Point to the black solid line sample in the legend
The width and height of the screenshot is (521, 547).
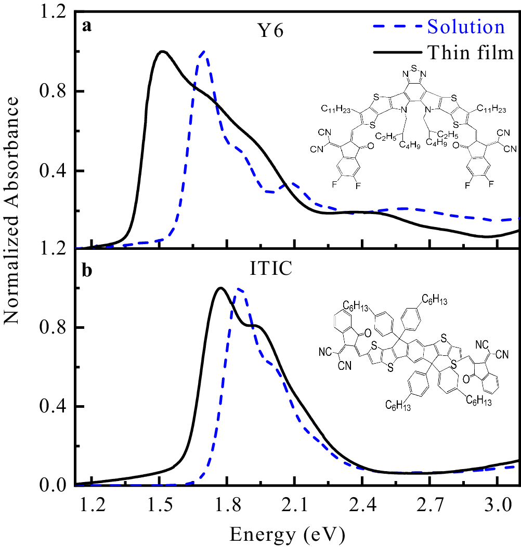pos(396,52)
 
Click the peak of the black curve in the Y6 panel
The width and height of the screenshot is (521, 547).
pos(163,51)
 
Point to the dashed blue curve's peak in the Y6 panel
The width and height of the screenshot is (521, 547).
pos(203,52)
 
